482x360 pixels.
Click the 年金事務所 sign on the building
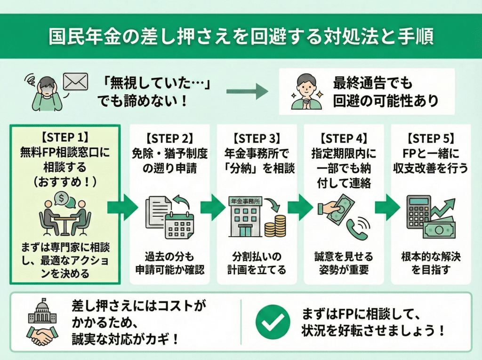point(245,201)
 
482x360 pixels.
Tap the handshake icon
point(42,335)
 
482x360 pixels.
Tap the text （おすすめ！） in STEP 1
point(66,181)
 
